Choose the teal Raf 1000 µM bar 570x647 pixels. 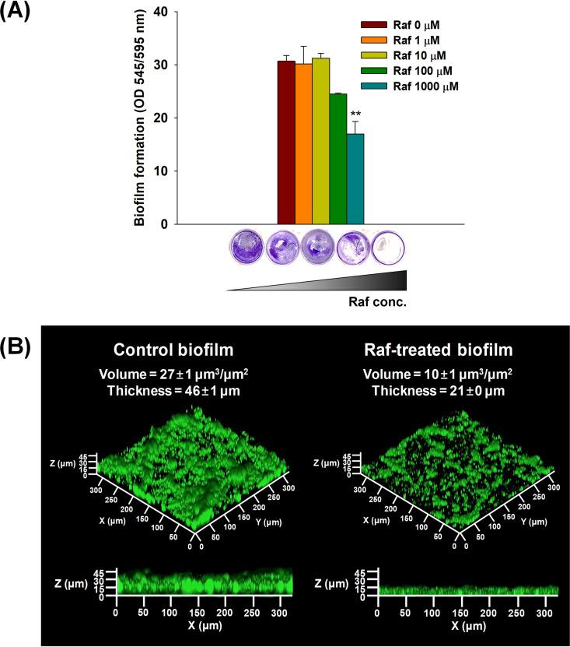(x=355, y=179)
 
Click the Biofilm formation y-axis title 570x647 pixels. (x=140, y=118)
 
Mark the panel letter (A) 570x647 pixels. (x=17, y=13)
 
